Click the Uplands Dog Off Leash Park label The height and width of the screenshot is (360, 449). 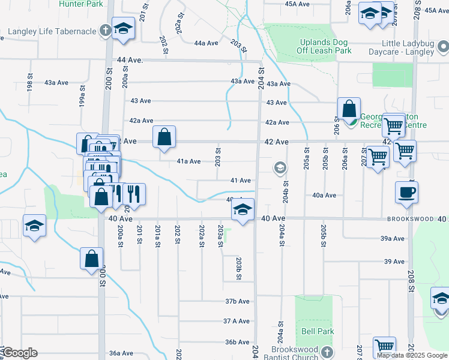(325, 47)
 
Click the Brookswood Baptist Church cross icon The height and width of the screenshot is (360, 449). (327, 351)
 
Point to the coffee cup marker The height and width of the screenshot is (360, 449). (406, 192)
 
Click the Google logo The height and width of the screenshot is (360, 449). (19, 353)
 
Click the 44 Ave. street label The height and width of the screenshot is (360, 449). (130, 61)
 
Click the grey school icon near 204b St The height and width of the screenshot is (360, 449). (279, 168)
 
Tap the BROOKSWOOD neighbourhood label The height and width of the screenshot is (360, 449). (411, 220)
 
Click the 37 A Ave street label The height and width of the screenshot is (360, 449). (236, 322)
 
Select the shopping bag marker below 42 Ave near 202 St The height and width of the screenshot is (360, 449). (164, 137)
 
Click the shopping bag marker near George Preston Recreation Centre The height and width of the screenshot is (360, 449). (349, 109)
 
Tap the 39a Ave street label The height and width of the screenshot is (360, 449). (393, 238)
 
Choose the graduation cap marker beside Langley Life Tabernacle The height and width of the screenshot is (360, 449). (124, 29)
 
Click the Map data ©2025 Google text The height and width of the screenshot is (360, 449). (412, 355)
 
